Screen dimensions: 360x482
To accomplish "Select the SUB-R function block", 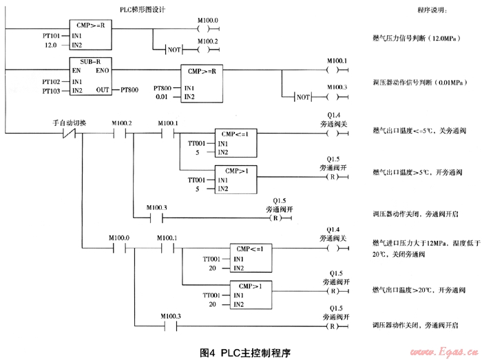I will (91, 75).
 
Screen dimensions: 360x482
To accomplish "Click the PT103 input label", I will (51, 90).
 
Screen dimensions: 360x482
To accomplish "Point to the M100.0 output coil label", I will (207, 21).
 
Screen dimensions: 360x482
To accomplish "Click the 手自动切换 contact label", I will (70, 123).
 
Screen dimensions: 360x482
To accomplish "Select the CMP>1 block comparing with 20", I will (249, 294).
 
